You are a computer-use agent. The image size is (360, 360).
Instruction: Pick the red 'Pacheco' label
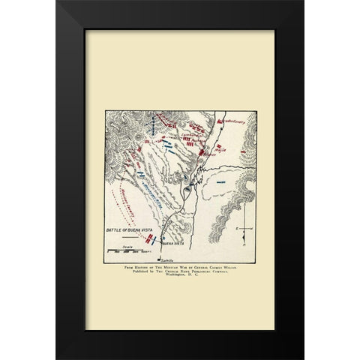coord(196,139)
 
